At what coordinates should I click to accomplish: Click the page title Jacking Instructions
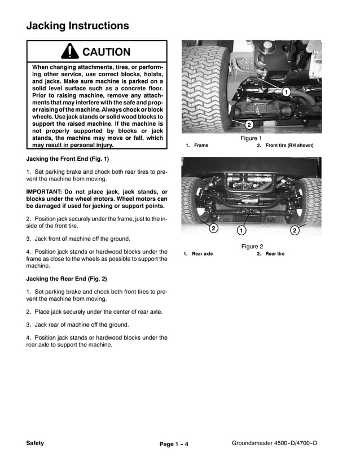(x=77, y=26)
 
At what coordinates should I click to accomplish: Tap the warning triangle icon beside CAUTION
(x=69, y=52)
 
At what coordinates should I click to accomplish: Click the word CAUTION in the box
(x=106, y=52)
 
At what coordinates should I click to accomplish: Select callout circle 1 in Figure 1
(x=286, y=91)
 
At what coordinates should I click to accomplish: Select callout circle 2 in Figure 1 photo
(x=249, y=125)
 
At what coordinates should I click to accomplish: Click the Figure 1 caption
(x=251, y=138)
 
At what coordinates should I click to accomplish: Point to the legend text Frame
(x=201, y=146)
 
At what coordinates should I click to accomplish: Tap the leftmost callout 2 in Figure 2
(x=213, y=228)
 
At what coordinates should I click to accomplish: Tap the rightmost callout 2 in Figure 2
(x=295, y=230)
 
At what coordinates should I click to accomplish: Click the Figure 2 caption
(x=252, y=247)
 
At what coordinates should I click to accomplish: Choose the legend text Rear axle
(x=202, y=254)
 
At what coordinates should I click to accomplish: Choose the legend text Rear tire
(x=275, y=254)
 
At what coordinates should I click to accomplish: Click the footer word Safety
(x=35, y=443)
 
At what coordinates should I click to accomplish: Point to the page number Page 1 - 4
(x=174, y=445)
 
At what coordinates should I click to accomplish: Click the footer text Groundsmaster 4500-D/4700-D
(x=274, y=443)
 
